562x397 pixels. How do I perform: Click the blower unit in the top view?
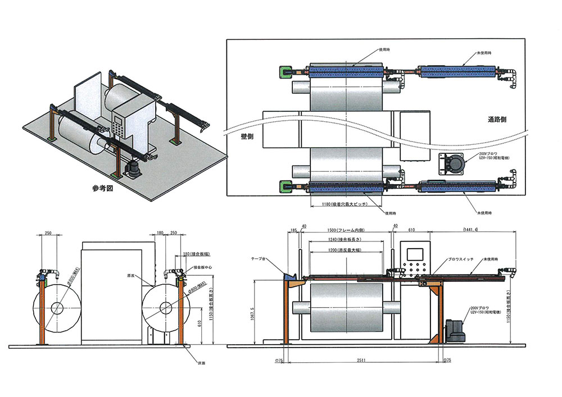[454, 163]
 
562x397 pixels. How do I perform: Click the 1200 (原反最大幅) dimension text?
[346, 249]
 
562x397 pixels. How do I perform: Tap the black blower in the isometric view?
[133, 168]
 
